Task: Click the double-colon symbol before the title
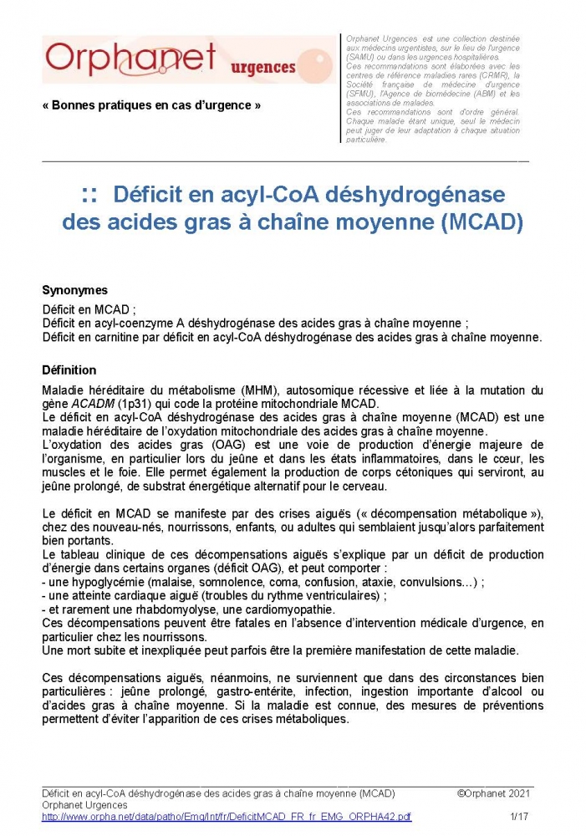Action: click(91, 196)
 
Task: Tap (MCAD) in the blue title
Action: click(482, 223)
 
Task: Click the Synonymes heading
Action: click(74, 290)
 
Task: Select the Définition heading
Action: click(69, 370)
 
